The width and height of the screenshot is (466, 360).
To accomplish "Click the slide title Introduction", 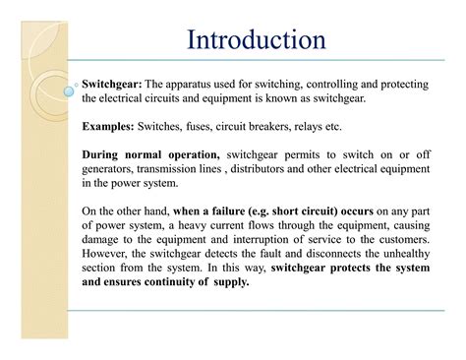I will [x=256, y=40].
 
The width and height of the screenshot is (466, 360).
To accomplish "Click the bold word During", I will [x=105, y=154].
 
